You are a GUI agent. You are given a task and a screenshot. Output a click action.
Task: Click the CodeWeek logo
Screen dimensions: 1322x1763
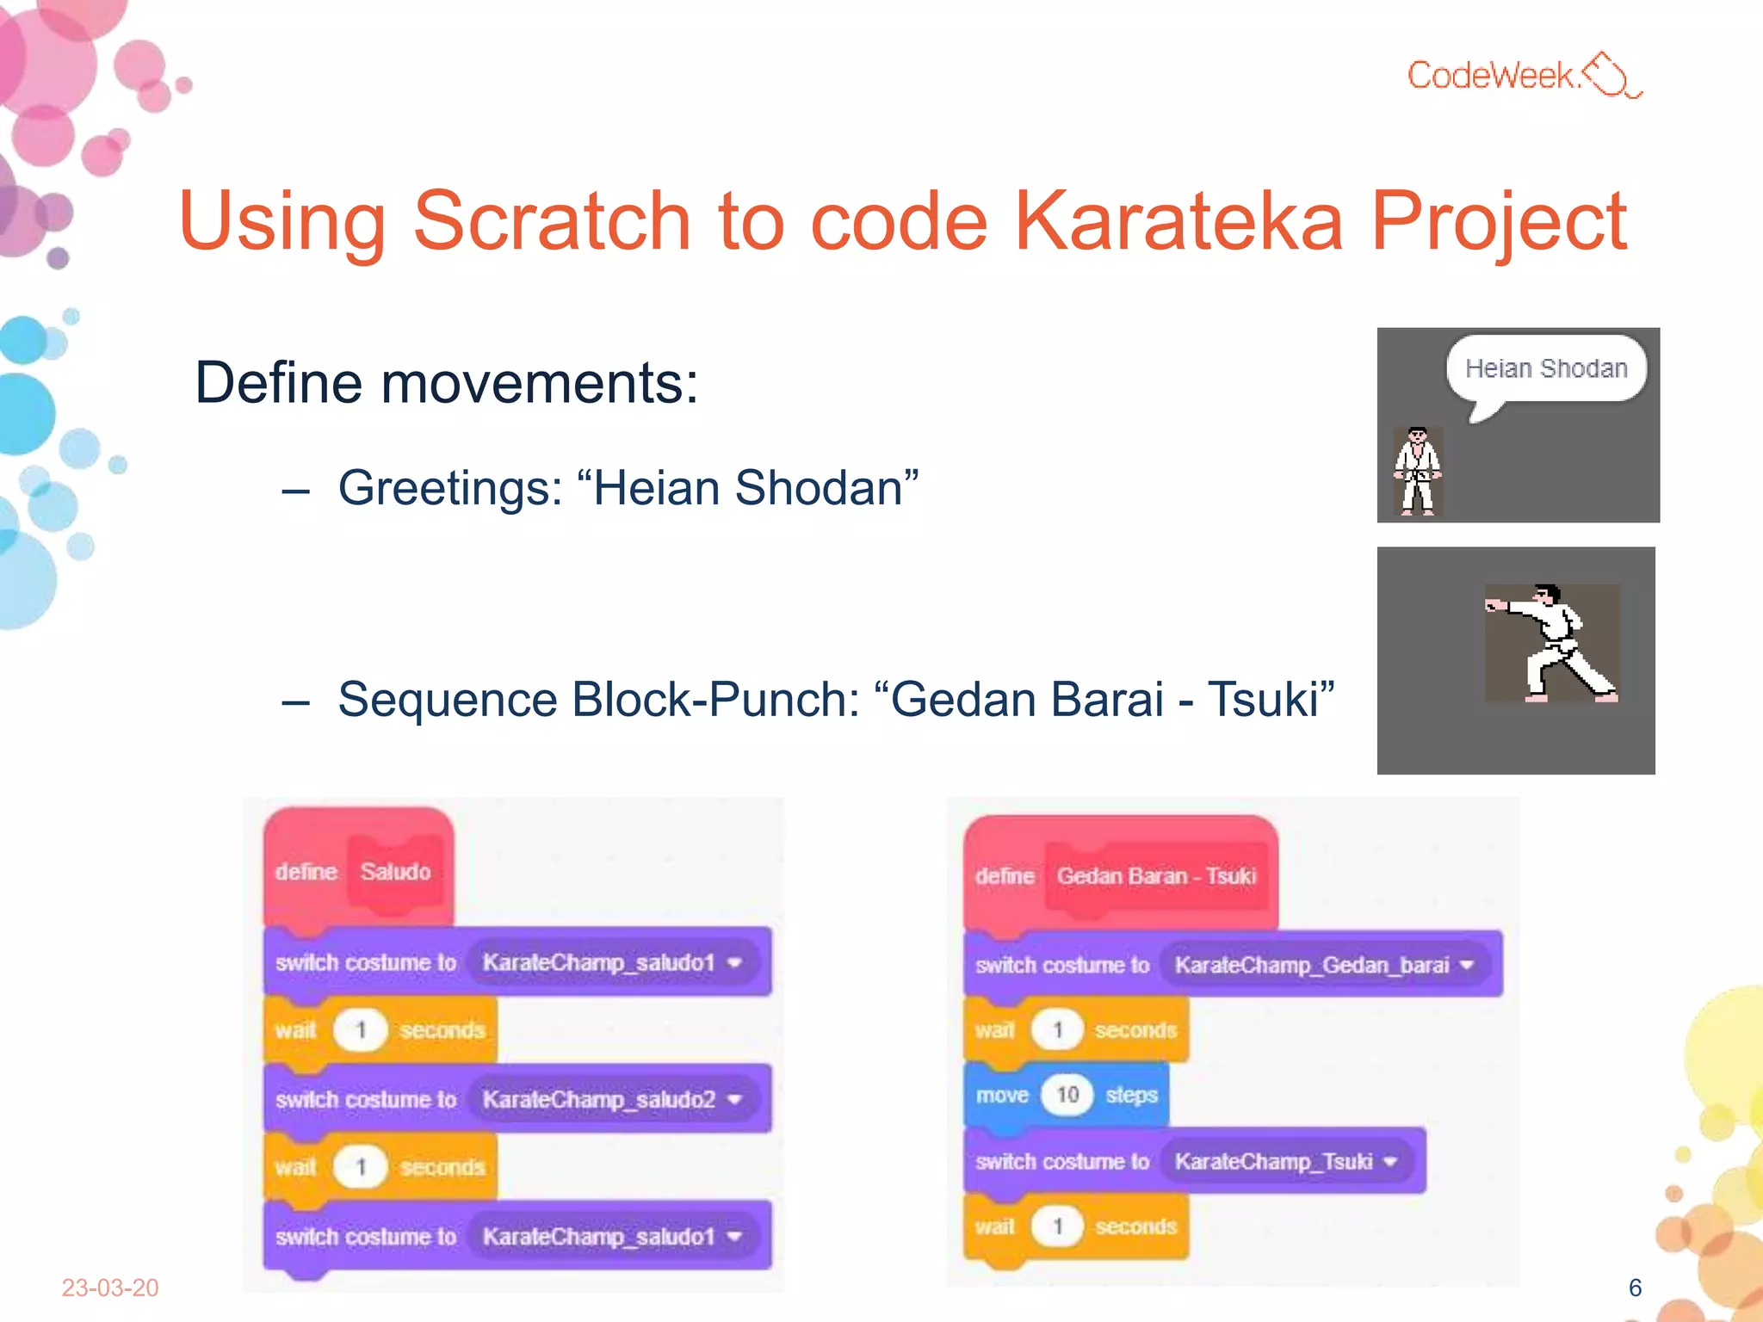[x=1524, y=76]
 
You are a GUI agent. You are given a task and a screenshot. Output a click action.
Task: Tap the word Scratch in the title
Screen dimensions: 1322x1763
[x=552, y=222]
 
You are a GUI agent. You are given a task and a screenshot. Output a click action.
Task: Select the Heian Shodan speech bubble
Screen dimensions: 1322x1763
[x=1546, y=369]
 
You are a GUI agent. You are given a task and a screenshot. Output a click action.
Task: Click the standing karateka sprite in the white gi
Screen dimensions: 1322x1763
[x=1417, y=472]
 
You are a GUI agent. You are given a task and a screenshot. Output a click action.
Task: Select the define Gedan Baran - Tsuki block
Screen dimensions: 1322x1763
[x=1119, y=876]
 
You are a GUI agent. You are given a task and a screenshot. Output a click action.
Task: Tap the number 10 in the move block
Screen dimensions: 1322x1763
[x=1067, y=1095]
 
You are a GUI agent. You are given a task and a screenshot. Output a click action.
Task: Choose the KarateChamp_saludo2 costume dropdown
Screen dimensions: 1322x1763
[x=611, y=1099]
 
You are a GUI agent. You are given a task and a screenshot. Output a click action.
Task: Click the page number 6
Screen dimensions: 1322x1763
[x=1635, y=1288]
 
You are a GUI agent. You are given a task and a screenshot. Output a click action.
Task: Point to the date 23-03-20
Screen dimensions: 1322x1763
[x=110, y=1288]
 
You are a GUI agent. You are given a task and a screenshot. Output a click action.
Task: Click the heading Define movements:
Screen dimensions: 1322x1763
[x=446, y=382]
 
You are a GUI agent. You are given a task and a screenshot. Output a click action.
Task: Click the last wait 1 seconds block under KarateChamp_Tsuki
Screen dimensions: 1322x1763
[x=1075, y=1226]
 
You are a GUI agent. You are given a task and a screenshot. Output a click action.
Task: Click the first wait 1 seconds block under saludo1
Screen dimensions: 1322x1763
[x=380, y=1030]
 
